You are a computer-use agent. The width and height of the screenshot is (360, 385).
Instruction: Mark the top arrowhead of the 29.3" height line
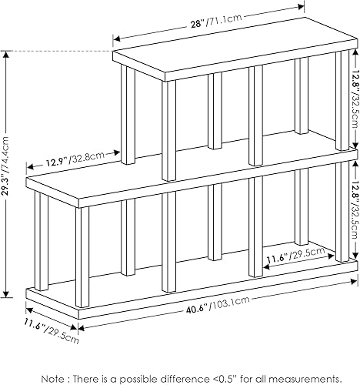point(8,55)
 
